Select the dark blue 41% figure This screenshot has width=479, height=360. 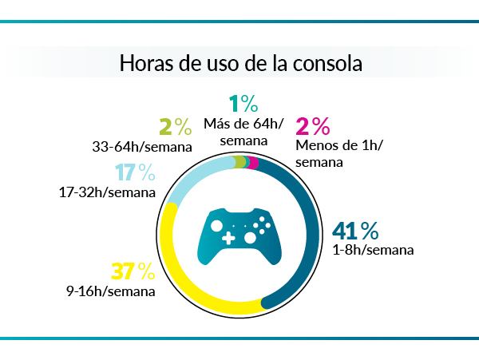(355, 231)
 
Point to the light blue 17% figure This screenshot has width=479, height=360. (134, 172)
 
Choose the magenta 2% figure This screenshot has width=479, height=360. (313, 126)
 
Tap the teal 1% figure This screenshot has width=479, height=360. (243, 104)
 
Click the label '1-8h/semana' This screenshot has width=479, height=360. (373, 250)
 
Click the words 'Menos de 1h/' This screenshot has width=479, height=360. (339, 145)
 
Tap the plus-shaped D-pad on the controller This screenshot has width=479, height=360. (228, 238)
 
